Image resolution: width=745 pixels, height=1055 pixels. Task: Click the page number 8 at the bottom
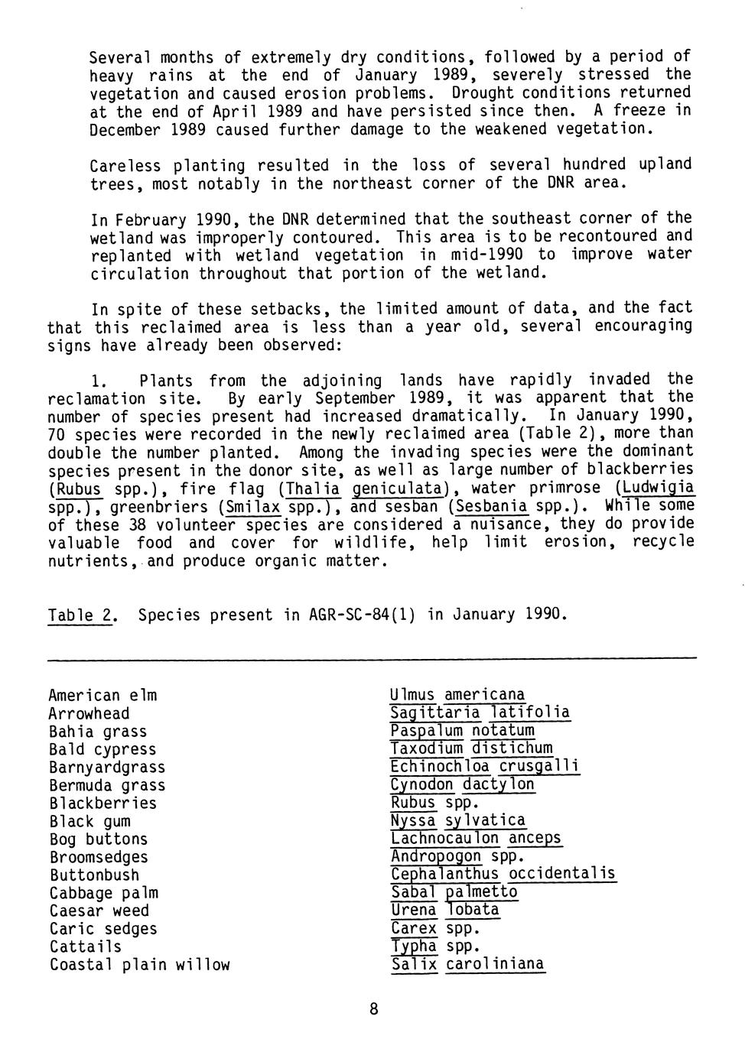[x=373, y=1010]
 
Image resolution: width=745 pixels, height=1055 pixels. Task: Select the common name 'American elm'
[x=102, y=696]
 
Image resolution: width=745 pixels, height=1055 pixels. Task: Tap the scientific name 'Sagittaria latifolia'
[x=480, y=713]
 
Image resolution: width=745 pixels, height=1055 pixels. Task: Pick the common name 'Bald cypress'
[x=102, y=750]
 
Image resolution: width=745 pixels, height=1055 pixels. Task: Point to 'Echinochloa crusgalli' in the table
[x=484, y=767]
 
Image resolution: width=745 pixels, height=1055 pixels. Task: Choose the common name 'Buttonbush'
[x=94, y=875]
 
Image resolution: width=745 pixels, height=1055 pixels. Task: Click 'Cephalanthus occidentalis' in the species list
[x=503, y=875]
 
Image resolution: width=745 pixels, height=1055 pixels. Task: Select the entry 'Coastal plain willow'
[x=139, y=965]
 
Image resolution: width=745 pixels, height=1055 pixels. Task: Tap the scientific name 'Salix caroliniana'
[x=467, y=965]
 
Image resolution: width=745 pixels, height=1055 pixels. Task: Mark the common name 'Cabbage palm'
[x=104, y=893]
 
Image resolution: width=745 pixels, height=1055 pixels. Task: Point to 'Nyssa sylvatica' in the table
[x=457, y=821]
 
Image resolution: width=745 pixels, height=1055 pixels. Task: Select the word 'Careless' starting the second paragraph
[x=125, y=166]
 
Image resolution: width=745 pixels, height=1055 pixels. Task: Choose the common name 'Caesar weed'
[x=99, y=911]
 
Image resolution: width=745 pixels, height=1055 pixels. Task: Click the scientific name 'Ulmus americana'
[x=457, y=696]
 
